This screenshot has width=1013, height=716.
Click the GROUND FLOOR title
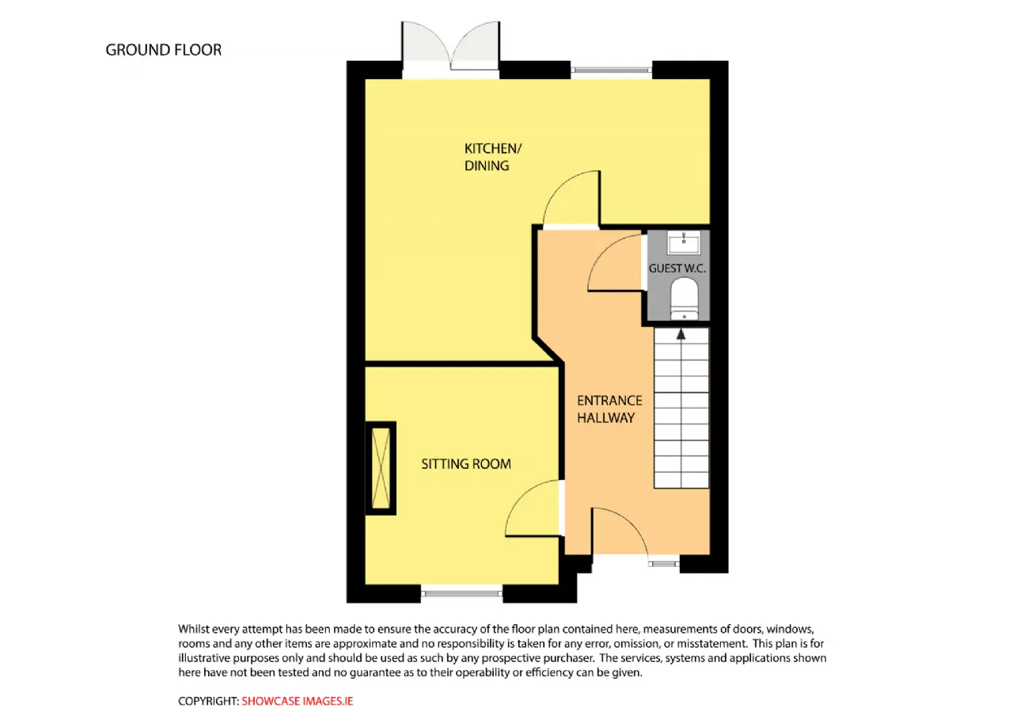[164, 50]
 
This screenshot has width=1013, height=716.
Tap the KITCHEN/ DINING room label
[493, 157]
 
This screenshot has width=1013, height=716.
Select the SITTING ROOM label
[466, 464]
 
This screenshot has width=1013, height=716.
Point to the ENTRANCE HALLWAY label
[609, 409]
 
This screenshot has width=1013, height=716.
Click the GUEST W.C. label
[677, 268]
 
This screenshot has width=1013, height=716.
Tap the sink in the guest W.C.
[684, 242]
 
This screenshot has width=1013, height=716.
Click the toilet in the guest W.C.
[685, 299]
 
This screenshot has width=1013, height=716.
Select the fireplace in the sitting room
[381, 468]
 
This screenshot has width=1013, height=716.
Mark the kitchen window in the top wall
[611, 70]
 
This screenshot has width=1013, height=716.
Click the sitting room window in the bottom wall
[461, 593]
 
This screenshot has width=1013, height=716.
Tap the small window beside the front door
[664, 564]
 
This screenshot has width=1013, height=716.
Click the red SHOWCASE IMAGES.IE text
[297, 701]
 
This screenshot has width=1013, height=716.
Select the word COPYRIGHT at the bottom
[207, 701]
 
